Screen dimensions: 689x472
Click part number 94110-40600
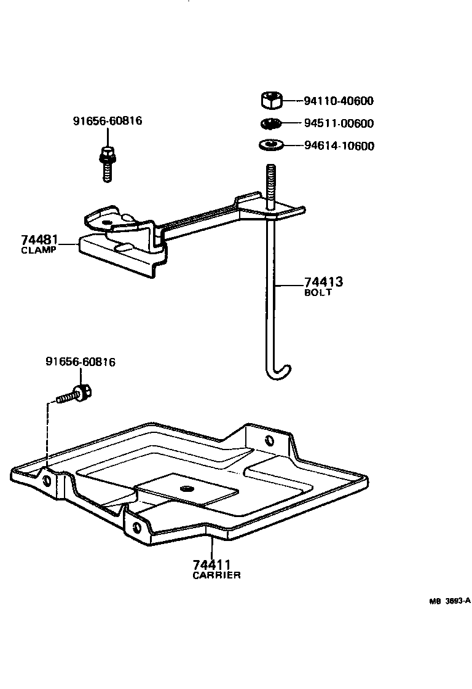339,101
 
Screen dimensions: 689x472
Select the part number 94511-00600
339,123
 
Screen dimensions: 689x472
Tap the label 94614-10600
339,146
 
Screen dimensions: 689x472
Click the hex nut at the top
271,99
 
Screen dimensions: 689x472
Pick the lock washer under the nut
270,123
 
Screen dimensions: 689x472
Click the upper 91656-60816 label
108,121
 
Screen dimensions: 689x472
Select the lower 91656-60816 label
81,362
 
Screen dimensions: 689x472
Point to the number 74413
323,282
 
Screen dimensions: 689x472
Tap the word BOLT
318,293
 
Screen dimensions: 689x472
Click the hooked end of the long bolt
281,370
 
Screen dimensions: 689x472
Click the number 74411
211,565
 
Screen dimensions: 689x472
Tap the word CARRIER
216,575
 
